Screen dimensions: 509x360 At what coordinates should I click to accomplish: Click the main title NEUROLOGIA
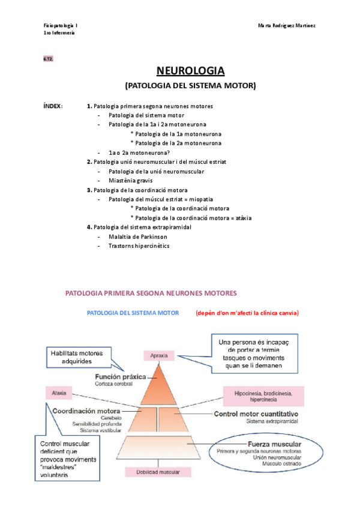point(190,71)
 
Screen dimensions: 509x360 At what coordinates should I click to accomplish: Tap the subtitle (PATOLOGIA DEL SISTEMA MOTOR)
point(190,86)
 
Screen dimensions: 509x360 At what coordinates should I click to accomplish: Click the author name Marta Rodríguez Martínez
point(287,26)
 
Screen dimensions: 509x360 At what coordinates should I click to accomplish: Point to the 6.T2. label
point(48,59)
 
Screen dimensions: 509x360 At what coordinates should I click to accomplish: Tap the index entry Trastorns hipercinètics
point(139,246)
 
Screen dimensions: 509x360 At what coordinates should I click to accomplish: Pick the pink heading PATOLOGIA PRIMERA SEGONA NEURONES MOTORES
point(150,293)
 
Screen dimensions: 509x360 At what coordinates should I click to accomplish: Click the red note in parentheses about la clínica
point(247,313)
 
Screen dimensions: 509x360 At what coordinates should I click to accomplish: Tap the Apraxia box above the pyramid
point(159,355)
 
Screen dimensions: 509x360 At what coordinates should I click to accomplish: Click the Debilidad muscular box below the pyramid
point(159,472)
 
